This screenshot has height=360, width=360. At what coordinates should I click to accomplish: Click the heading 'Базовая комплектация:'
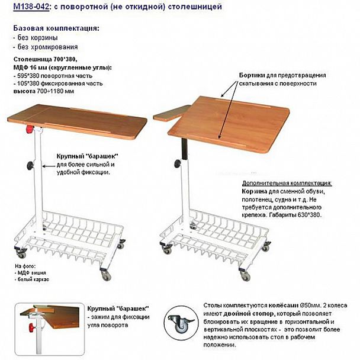click(x=56, y=28)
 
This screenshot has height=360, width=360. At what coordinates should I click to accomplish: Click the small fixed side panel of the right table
click(x=171, y=112)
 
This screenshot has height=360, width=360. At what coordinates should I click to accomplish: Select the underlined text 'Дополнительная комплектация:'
click(x=287, y=183)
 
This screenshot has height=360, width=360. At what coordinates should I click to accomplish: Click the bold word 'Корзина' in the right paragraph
click(x=255, y=192)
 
